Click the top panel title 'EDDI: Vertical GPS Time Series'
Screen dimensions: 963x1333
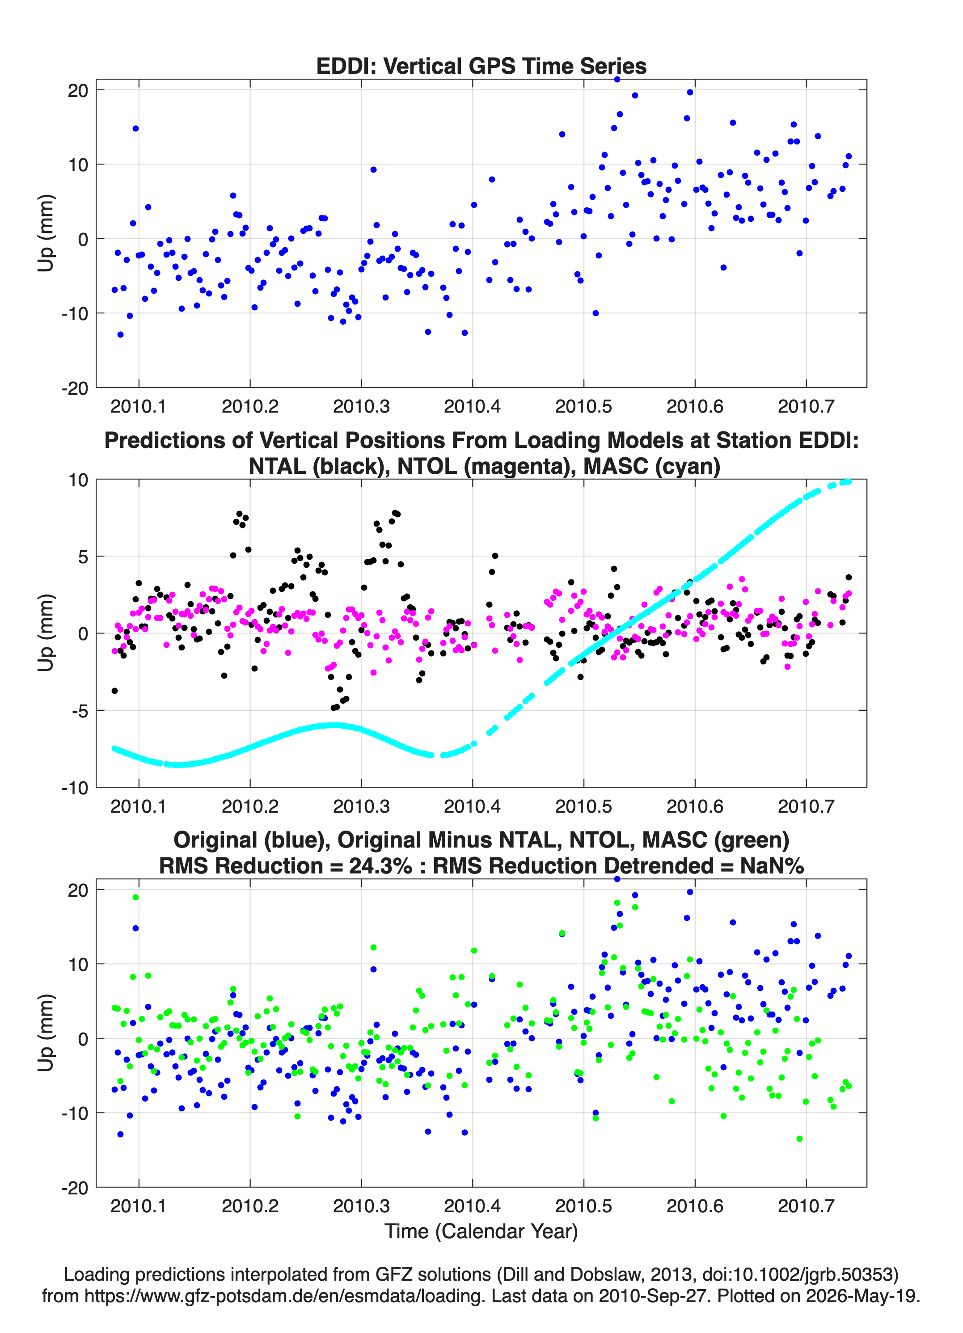pos(481,66)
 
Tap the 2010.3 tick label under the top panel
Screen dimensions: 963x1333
pos(361,406)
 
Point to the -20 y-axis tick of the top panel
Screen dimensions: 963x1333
pos(75,388)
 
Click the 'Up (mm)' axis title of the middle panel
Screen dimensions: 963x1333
pos(46,633)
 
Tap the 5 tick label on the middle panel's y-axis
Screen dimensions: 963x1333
pos(83,557)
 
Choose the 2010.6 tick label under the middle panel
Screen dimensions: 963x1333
pos(694,806)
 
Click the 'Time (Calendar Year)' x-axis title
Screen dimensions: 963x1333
pos(481,1232)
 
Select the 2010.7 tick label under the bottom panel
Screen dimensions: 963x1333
pos(806,1206)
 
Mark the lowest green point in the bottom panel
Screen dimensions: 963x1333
pos(799,1139)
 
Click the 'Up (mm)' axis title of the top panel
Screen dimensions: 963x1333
pos(46,233)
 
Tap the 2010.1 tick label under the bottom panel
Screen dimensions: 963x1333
pos(139,1206)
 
